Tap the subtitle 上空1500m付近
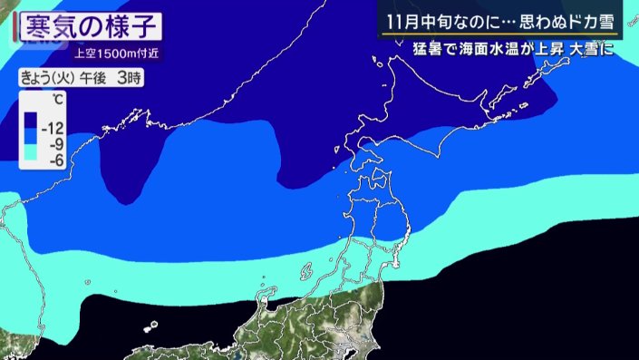pyautogui.click(x=111, y=53)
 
